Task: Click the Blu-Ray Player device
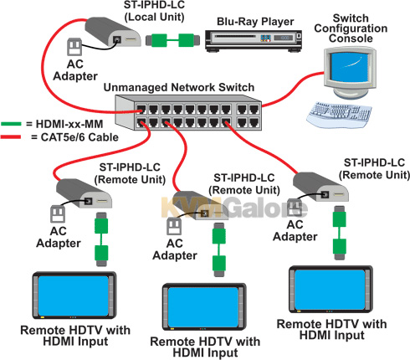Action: [254, 41]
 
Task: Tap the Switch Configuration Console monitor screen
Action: [350, 67]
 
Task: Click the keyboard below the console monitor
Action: [339, 115]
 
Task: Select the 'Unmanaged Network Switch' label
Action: [179, 87]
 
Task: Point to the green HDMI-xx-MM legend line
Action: [11, 124]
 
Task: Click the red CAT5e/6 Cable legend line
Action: [11, 137]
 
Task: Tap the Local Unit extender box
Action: [113, 32]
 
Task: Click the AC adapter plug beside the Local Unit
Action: [74, 47]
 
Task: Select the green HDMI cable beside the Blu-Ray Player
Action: [173, 40]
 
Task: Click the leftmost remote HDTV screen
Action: [73, 296]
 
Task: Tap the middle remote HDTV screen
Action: [203, 307]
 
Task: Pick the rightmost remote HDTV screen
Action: [330, 290]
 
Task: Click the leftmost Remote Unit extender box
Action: [84, 193]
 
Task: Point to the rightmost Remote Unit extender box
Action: [320, 187]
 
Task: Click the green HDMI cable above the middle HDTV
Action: [219, 249]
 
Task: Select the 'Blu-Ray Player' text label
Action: [255, 22]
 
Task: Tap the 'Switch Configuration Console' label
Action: [351, 28]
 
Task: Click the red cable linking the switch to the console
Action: [292, 90]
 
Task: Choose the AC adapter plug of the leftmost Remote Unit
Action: [58, 213]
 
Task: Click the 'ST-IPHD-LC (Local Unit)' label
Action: [154, 11]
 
